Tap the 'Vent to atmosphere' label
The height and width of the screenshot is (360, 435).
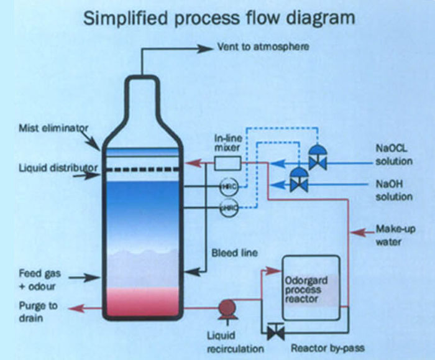(x=262, y=47)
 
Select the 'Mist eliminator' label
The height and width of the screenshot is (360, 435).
(x=53, y=128)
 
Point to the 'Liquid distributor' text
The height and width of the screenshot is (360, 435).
(x=57, y=168)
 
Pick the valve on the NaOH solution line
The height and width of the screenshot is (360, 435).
(x=300, y=183)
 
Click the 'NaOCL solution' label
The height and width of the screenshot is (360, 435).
(x=393, y=155)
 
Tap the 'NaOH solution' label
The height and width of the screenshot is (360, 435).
(x=393, y=190)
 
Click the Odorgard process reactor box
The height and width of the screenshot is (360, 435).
(x=311, y=290)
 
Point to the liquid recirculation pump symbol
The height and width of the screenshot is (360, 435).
(x=225, y=308)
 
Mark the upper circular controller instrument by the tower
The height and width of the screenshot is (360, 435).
(x=228, y=186)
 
